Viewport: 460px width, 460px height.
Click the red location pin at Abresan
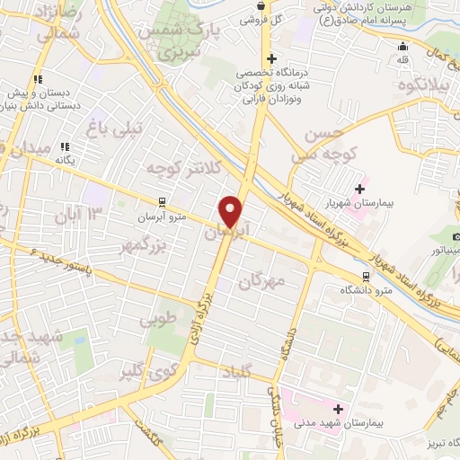[x=232, y=210]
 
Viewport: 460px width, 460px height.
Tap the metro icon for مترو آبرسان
[x=161, y=201]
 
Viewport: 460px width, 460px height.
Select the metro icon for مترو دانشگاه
[x=366, y=276]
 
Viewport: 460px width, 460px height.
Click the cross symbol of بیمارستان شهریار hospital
[x=360, y=190]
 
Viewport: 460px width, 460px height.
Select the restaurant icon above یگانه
[x=64, y=146]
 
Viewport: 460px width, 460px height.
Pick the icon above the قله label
[x=402, y=46]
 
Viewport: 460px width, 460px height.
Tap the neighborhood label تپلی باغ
[x=113, y=128]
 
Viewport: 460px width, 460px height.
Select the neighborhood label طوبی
[x=159, y=319]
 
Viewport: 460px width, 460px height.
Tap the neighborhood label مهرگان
[x=261, y=280]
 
